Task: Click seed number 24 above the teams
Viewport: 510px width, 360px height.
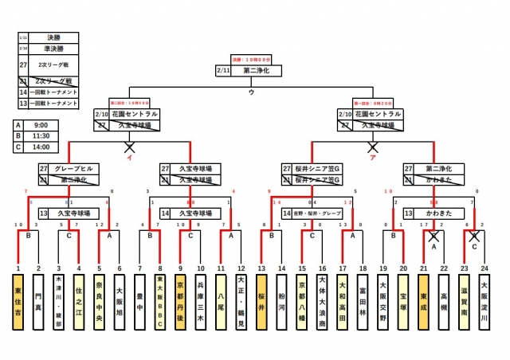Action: (x=484, y=270)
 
